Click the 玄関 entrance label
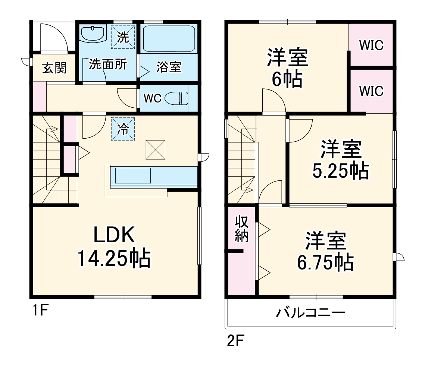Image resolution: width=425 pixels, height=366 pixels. coord(54,68)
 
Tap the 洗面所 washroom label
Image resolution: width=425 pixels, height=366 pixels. coord(107,64)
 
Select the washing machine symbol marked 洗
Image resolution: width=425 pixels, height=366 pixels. coord(122,37)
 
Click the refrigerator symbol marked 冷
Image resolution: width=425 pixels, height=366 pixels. coord(122,129)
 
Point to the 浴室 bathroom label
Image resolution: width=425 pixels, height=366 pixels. coord(169,67)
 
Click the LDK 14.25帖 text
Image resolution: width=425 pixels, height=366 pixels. coord(114,247)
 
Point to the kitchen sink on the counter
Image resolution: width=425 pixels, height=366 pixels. coord(132,176)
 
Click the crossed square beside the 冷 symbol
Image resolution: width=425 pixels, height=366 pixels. coord(155,149)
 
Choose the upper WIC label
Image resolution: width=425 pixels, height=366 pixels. coord(371,45)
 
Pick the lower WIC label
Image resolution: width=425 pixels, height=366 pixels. coord(371,91)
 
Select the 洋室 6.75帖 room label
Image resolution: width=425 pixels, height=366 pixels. coord(325,252)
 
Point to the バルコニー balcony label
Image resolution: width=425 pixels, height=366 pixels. coord(310,312)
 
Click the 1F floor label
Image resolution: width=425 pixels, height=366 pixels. coord(38,310)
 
